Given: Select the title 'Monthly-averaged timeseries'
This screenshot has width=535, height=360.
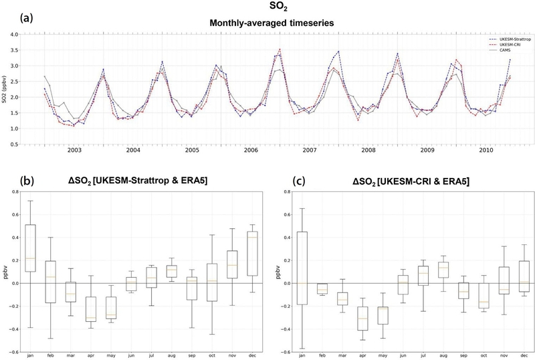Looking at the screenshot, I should coord(268,21).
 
